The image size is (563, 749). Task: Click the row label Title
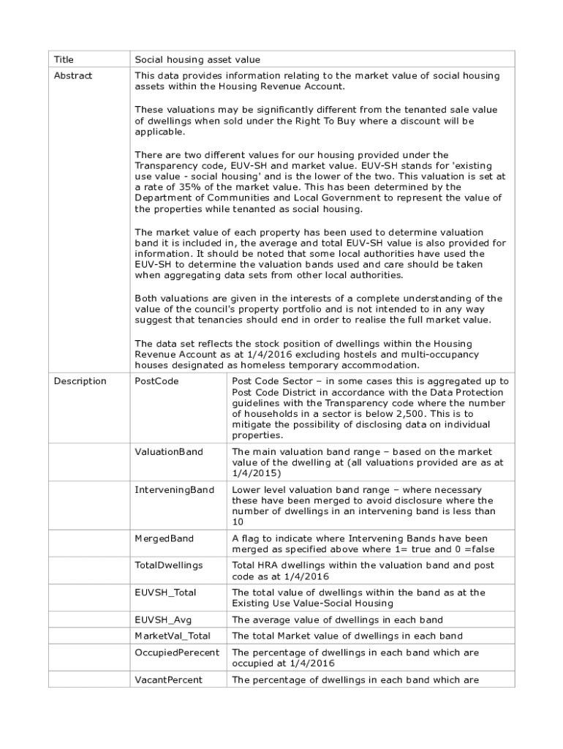pos(64,59)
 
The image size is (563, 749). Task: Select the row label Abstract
pos(73,75)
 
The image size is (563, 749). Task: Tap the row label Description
pos(80,381)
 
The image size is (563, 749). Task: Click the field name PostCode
pos(156,381)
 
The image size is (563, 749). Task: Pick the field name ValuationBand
pos(169,452)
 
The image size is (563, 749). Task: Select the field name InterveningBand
pos(174,489)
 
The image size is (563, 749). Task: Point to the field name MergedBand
pos(164,538)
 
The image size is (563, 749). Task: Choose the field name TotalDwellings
pos(169,565)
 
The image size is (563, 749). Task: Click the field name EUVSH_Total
pos(165,592)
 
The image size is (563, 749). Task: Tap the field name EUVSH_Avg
pos(162,620)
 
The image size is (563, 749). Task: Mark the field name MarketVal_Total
pos(173,636)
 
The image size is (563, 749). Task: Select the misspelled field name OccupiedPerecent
pos(177,652)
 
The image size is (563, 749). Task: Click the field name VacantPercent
pos(168,680)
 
